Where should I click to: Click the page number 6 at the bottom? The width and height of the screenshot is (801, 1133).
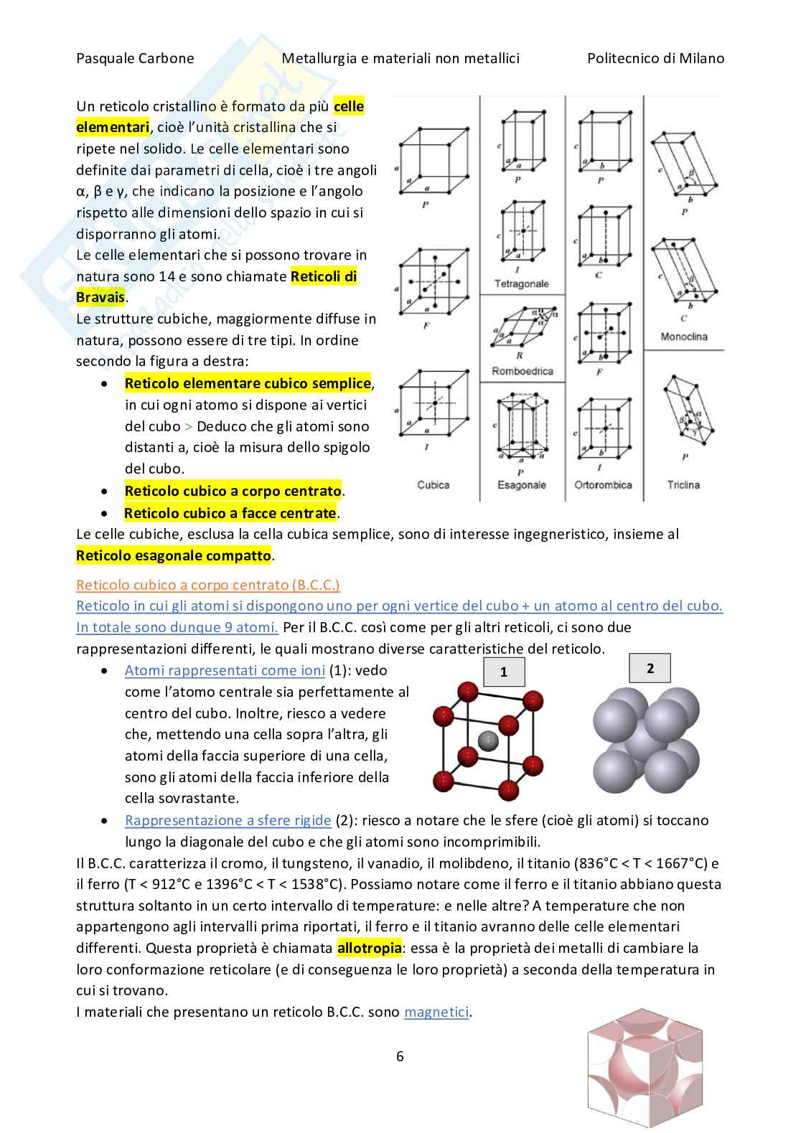[x=400, y=1056]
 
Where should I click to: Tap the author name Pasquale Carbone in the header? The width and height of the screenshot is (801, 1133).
[x=135, y=59]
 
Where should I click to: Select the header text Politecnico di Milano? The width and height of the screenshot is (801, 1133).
[x=655, y=59]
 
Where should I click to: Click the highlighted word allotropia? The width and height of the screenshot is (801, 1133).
[x=369, y=948]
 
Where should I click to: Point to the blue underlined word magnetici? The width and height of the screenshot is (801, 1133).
[x=436, y=1012]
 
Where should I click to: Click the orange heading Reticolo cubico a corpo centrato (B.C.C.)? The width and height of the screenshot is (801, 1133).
[x=208, y=585]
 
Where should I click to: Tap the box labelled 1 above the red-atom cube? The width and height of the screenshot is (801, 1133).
[x=504, y=672]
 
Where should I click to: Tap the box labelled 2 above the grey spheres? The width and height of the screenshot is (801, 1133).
[x=650, y=668]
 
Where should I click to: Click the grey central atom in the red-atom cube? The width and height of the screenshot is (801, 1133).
[x=487, y=741]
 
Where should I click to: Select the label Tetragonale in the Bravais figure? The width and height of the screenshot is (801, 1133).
[x=521, y=284]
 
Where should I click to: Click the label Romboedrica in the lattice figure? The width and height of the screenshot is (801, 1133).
[x=522, y=371]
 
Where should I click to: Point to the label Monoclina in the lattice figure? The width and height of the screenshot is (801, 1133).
[x=683, y=337]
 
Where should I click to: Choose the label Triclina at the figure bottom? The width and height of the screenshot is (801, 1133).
[x=683, y=485]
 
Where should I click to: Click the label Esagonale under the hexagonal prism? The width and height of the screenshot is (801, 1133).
[x=521, y=485]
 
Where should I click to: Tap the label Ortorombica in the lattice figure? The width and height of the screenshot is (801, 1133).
[x=603, y=485]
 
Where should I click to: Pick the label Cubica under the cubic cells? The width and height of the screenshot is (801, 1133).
[x=433, y=485]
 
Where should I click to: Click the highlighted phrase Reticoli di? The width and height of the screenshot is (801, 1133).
[x=324, y=276]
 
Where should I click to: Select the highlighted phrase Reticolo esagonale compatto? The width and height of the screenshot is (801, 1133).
[x=174, y=555]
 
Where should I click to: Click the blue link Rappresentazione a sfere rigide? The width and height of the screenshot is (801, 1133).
[x=228, y=820]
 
